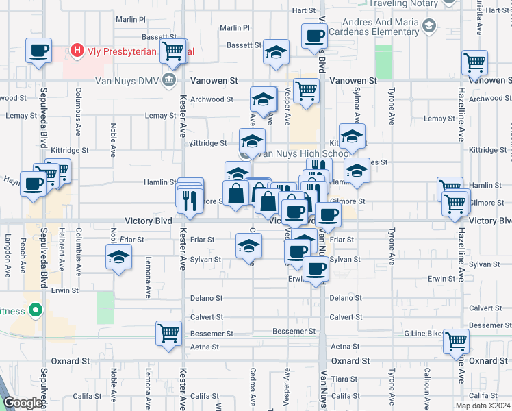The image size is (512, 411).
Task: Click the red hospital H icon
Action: click(77, 51)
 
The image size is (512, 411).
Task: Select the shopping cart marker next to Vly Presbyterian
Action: click(174, 50)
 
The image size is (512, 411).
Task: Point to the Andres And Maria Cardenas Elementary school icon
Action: click(429, 27)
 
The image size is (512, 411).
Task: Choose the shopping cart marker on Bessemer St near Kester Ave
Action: click(168, 334)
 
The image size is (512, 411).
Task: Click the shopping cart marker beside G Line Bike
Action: click(457, 340)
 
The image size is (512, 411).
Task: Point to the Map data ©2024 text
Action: click(482, 405)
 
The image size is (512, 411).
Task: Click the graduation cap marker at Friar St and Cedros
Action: click(248, 246)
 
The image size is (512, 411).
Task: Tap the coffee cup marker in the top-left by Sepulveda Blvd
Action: click(38, 51)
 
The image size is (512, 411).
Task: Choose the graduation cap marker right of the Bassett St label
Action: click(276, 52)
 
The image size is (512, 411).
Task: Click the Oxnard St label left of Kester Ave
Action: click(71, 360)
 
